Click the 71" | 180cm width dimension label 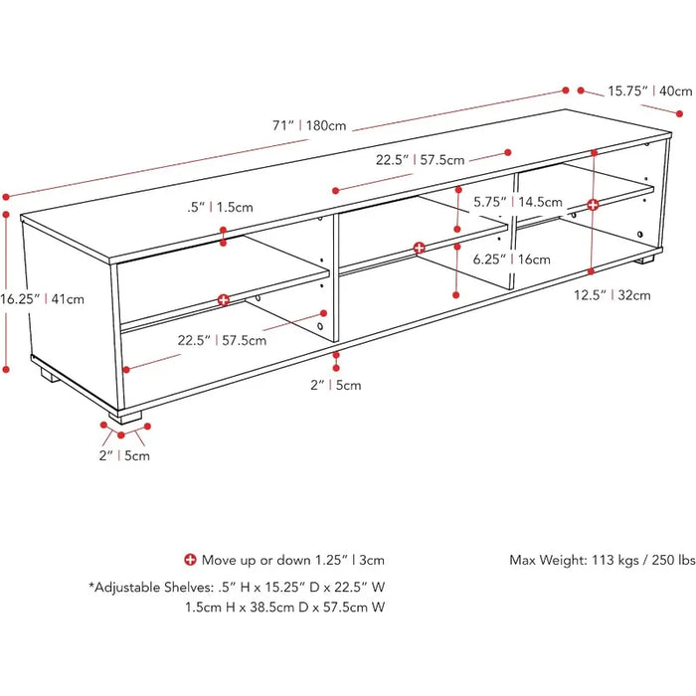[x=309, y=125]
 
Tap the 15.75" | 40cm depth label [x=650, y=91]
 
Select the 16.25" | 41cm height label [x=42, y=298]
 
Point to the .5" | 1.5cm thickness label [x=220, y=207]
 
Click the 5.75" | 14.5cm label [x=518, y=202]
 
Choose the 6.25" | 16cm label [x=511, y=259]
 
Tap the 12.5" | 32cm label [x=612, y=295]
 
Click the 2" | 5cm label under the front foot [x=124, y=455]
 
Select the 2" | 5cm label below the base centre [x=336, y=385]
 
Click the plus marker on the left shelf [x=224, y=300]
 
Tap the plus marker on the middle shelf [x=419, y=248]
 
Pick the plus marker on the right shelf [x=593, y=205]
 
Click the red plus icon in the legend [x=190, y=560]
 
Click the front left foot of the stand [x=125, y=416]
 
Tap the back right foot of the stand [x=645, y=261]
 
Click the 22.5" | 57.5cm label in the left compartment [x=222, y=340]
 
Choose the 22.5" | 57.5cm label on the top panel [x=420, y=160]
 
